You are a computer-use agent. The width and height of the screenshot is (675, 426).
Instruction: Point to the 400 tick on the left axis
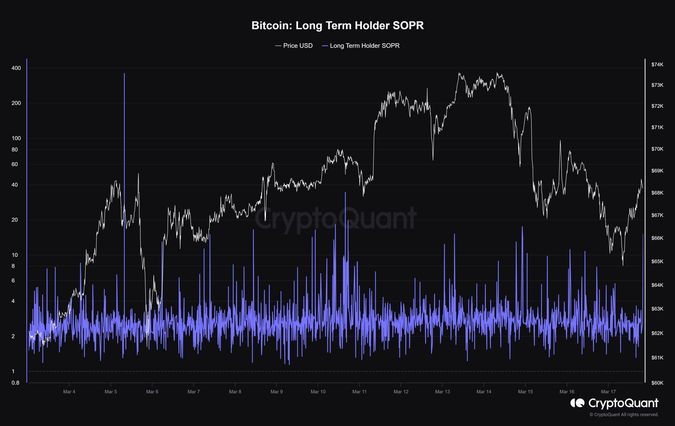coord(16,68)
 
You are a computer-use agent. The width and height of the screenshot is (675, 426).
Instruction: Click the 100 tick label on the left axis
coord(16,138)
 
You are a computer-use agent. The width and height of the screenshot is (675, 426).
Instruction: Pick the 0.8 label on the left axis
coord(15,383)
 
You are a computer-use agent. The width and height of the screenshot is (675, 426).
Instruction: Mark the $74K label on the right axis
coord(657,65)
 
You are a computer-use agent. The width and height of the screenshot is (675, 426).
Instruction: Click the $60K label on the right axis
coord(657,383)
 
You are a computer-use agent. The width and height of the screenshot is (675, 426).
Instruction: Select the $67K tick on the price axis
coord(657,215)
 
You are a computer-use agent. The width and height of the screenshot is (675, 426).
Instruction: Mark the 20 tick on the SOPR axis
coord(15,220)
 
